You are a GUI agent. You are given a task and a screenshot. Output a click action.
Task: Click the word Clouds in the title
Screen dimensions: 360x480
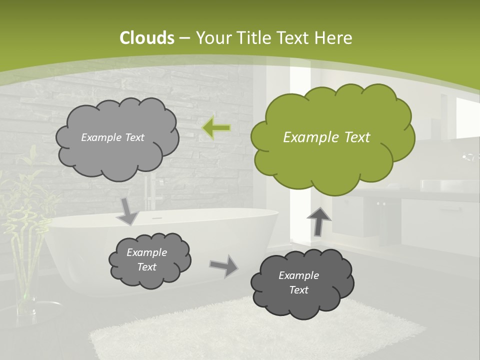pos(147,38)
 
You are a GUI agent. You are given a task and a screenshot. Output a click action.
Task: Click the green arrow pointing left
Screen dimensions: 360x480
pos(216,128)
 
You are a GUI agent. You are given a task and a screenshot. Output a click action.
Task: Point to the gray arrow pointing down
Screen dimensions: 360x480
pos(128,211)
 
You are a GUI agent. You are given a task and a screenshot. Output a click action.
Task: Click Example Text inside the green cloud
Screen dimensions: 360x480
pos(326,137)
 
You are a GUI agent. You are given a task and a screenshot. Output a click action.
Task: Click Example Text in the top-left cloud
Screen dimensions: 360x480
pos(112,137)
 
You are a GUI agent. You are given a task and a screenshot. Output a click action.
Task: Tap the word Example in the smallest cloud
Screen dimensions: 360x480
pos(146,252)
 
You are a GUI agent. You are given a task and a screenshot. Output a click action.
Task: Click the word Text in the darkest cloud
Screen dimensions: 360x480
pos(298,290)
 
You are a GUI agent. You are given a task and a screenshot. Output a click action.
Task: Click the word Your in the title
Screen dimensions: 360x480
pos(212,38)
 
